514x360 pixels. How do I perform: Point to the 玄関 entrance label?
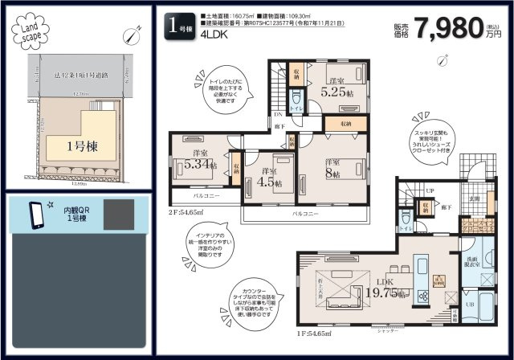[475, 198]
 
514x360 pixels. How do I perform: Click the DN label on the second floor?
[278, 115]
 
